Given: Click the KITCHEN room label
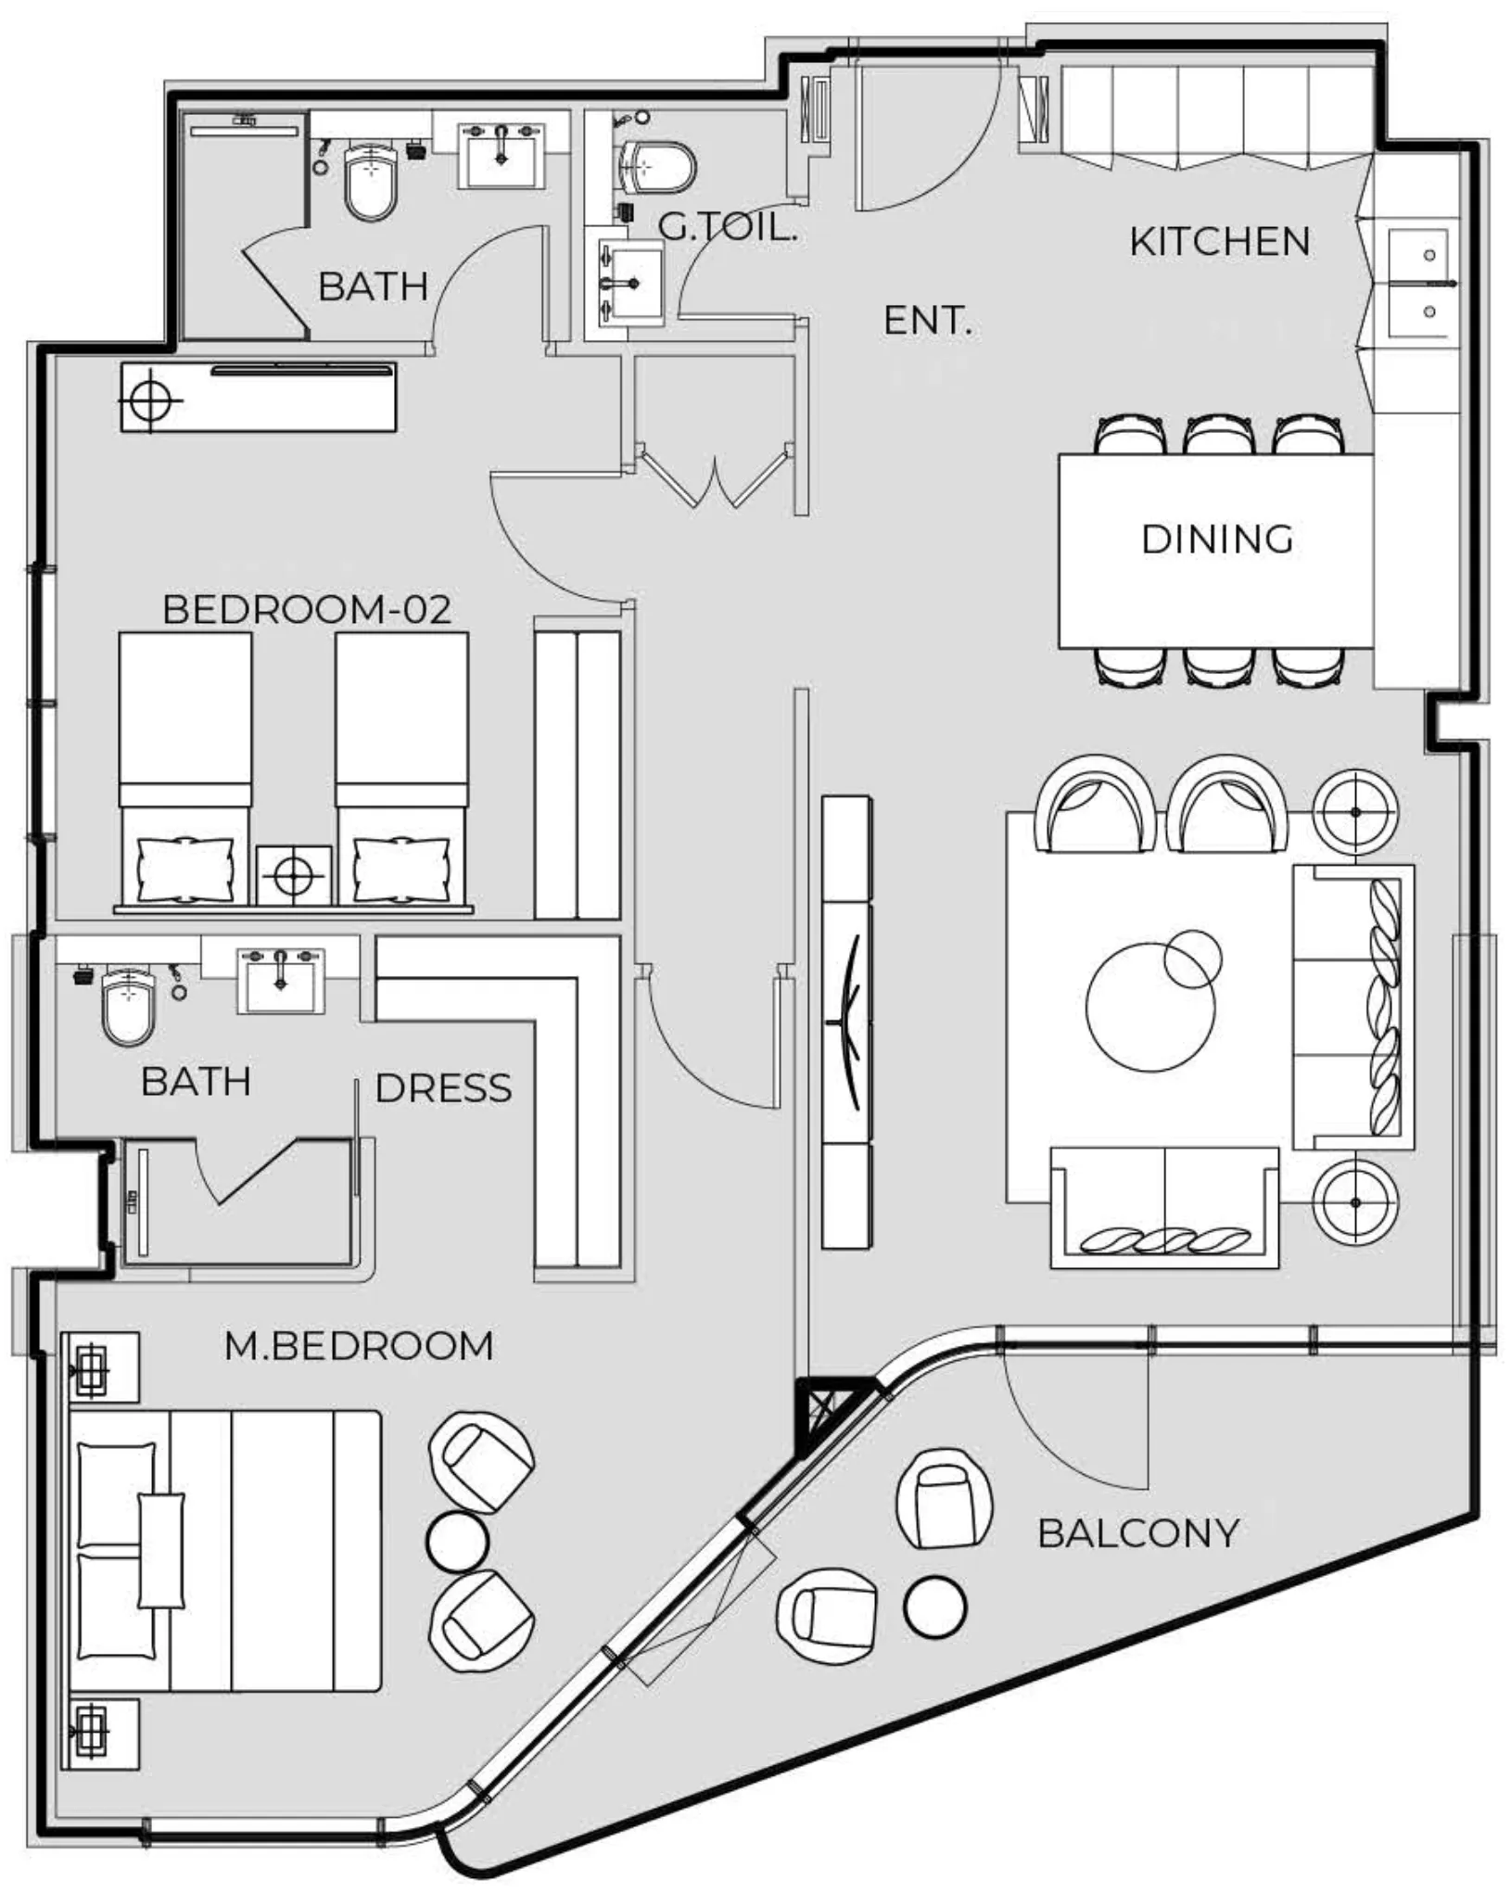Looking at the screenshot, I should (x=1219, y=242).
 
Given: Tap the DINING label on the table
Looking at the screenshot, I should (x=1216, y=540).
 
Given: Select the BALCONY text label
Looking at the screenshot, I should (x=1137, y=1533).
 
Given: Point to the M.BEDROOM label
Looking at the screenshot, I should (x=359, y=1346).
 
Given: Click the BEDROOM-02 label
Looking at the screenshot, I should (x=307, y=609).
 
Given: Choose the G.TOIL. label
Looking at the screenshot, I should (x=728, y=226).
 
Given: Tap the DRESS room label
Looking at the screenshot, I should (x=443, y=1088).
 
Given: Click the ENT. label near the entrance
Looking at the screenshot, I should (x=927, y=321).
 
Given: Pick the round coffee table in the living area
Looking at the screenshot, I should (x=1149, y=1008).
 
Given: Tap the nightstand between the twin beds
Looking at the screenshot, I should (x=294, y=875).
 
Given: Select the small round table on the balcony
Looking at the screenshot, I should (x=934, y=1607).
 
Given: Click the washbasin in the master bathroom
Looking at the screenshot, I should (x=280, y=980).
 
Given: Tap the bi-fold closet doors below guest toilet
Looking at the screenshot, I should (x=714, y=477).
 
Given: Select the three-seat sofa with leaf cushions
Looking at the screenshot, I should (x=1353, y=1008).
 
